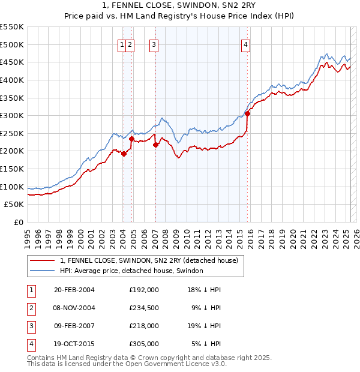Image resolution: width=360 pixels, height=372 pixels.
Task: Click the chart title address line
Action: pos(179,6)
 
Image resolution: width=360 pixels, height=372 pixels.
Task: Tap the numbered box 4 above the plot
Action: pos(246,43)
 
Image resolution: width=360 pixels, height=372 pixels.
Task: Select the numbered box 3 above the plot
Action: pos(154,43)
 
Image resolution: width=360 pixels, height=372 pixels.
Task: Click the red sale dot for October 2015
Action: pos(247,113)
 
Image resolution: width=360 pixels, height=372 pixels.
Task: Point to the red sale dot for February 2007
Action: pos(155,145)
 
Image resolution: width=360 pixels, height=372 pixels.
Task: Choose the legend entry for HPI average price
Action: pos(131,271)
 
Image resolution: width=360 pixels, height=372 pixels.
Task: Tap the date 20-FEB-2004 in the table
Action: pos(74,290)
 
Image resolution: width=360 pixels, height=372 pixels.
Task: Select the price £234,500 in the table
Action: pos(144,308)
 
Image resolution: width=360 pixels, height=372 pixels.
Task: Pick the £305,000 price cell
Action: pos(144,344)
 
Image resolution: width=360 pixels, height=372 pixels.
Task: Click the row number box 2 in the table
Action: pos(31,308)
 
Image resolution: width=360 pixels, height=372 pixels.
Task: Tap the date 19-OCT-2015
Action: pos(74,344)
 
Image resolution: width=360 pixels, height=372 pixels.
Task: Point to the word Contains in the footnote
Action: pos(41,358)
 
